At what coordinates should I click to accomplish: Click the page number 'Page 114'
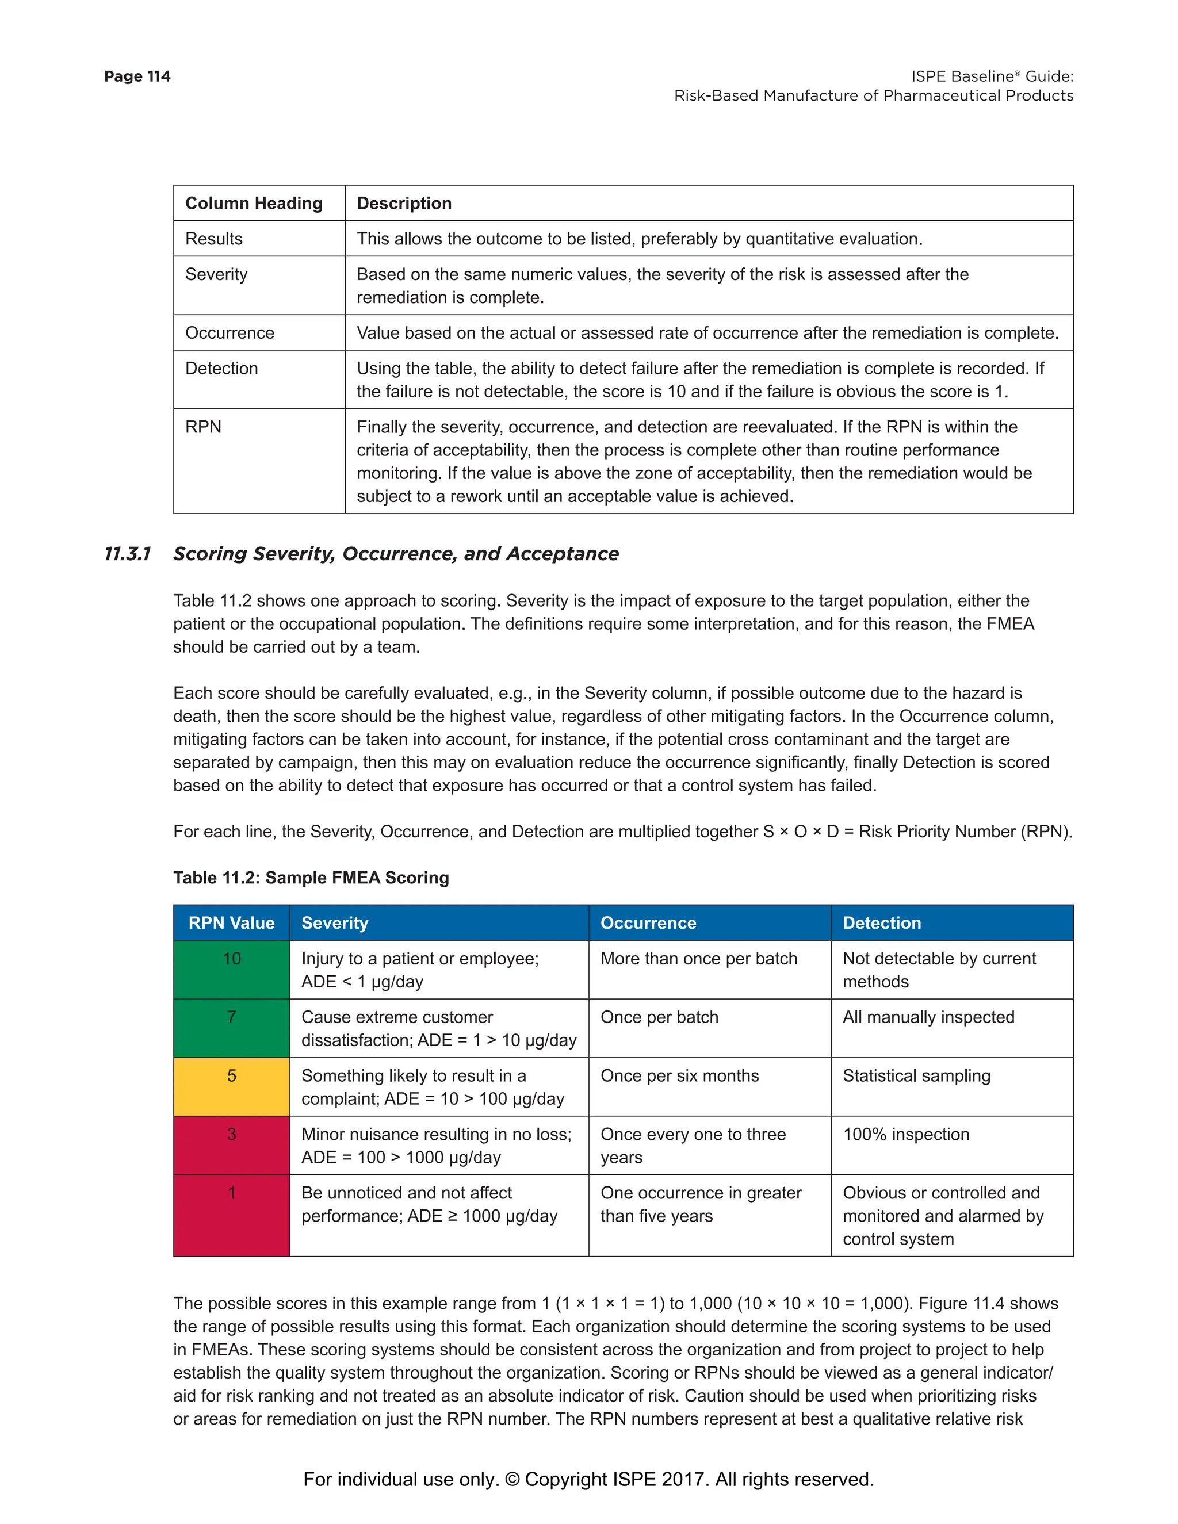[x=137, y=76]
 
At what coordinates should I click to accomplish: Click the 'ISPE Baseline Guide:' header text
[x=992, y=76]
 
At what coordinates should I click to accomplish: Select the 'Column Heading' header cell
[x=254, y=203]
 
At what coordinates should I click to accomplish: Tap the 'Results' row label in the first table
[x=213, y=239]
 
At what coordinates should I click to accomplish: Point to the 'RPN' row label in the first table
[x=203, y=426]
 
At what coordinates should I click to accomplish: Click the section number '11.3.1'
[x=127, y=553]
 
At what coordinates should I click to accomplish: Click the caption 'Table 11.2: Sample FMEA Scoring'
[x=311, y=877]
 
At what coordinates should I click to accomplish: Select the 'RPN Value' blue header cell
[x=231, y=922]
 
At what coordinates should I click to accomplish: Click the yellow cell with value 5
[x=231, y=1086]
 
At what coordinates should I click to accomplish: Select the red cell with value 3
[x=231, y=1144]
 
